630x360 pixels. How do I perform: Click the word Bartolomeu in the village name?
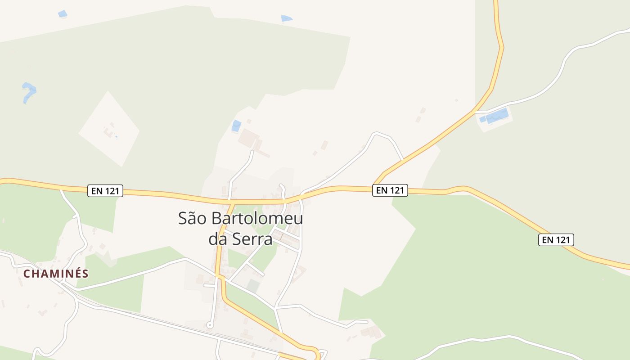(257, 219)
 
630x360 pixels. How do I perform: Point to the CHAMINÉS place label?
(56, 274)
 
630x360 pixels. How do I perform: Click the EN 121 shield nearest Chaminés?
(105, 191)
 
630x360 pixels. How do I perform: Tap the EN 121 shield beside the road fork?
(390, 190)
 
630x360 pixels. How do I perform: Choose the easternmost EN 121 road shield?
(556, 240)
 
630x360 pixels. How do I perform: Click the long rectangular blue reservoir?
(497, 116)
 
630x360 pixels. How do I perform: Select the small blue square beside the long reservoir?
(482, 119)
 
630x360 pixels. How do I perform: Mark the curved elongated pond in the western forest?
(29, 92)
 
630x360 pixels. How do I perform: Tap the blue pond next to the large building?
(236, 126)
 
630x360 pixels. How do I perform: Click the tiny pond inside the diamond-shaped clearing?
(116, 137)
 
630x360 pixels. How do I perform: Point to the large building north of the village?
(248, 138)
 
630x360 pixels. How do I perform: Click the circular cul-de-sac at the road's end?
(209, 325)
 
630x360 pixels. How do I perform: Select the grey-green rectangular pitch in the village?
(253, 286)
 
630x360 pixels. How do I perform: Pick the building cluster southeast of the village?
(371, 332)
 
